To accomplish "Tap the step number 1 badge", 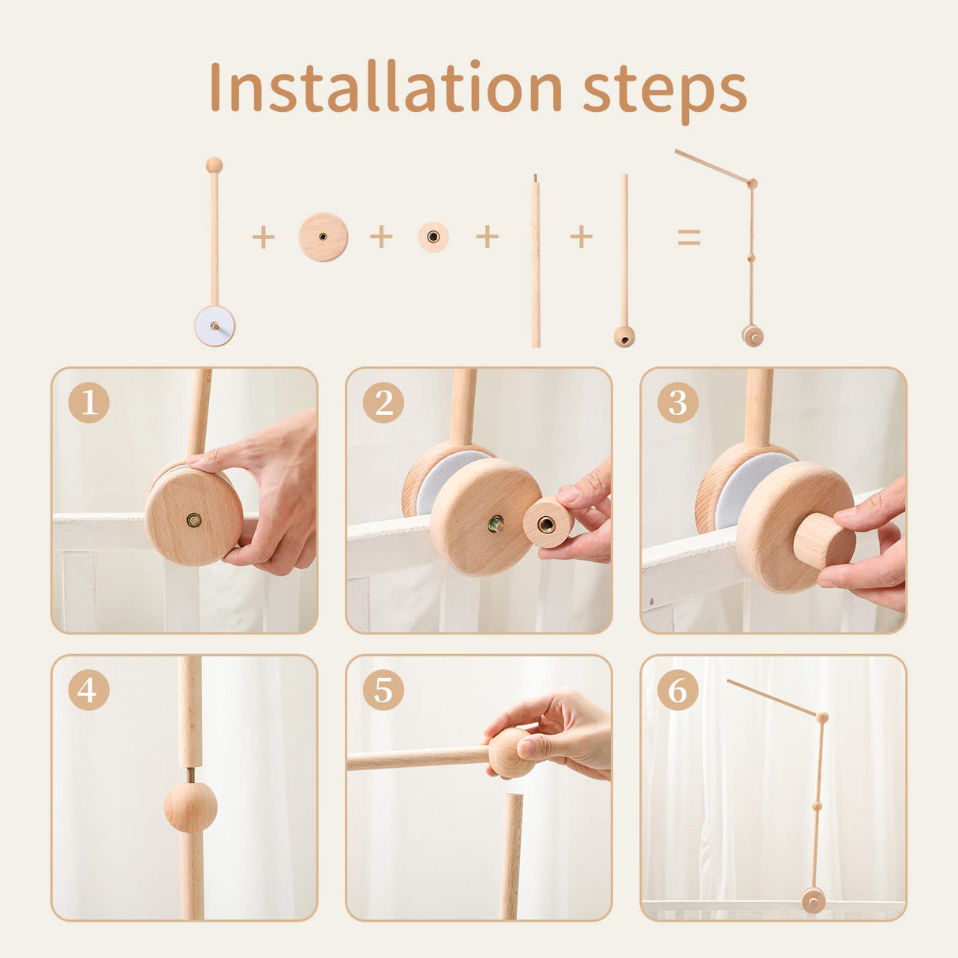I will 88,402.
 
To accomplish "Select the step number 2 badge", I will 384,402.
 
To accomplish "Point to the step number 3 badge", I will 678,402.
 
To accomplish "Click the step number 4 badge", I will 88,690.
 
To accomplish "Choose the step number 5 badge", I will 384,690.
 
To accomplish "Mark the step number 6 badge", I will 678,690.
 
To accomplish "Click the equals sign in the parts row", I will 689,237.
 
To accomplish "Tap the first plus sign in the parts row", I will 263,237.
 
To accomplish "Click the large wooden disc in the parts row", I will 323,237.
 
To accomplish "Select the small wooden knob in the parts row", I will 433,237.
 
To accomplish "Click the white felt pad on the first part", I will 215,326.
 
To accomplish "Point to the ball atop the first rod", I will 214,165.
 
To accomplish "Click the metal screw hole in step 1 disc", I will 193,519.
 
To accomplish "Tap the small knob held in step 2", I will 548,523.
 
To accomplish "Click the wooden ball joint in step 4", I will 190,806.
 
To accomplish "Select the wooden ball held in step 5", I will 508,753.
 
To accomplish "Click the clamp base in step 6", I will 813,900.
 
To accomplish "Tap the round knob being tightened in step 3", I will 823,541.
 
